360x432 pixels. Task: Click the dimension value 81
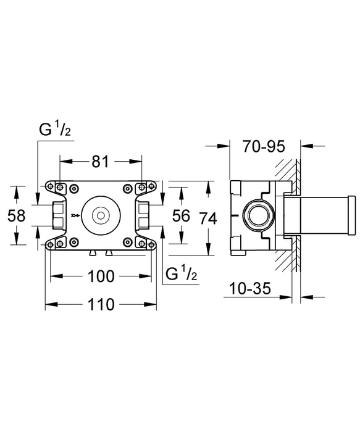point(101,162)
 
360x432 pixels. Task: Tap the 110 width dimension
point(100,304)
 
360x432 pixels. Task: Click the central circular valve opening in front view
point(99,215)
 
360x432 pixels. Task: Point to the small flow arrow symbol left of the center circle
point(75,215)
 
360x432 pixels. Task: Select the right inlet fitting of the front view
point(142,215)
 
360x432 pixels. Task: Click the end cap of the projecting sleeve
point(352,215)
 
